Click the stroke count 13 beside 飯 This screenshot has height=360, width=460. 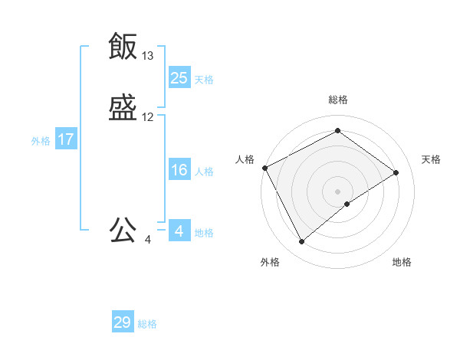[147, 56]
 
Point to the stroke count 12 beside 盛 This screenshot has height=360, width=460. [147, 118]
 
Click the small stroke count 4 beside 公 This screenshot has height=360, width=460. [147, 240]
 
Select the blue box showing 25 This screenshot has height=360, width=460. [179, 77]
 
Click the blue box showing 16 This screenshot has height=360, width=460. [179, 170]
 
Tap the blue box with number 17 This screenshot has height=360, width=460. [66, 140]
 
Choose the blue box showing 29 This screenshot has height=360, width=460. [123, 322]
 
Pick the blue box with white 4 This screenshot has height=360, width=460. [179, 231]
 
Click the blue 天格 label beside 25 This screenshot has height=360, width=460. [204, 79]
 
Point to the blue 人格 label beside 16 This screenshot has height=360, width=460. [204, 172]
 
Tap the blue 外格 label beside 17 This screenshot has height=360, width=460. [41, 141]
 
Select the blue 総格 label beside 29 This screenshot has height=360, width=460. [147, 324]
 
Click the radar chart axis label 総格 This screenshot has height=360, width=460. [338, 100]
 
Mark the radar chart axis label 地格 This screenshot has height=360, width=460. [402, 262]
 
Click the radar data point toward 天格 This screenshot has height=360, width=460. [396, 172]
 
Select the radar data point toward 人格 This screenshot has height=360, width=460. [264, 168]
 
